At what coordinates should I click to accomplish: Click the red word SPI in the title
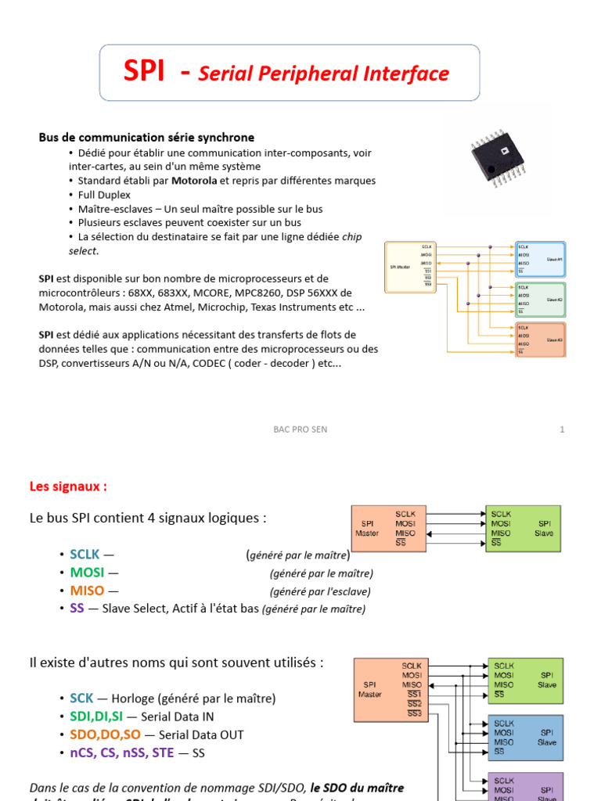click(x=145, y=72)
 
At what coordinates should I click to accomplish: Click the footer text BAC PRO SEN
click(x=300, y=429)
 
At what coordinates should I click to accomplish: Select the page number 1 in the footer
click(x=562, y=429)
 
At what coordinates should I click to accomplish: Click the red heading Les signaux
click(x=68, y=487)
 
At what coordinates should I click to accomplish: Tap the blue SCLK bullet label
click(x=85, y=555)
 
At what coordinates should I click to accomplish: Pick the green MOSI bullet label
click(x=86, y=573)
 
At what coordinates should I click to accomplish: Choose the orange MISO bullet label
click(x=86, y=591)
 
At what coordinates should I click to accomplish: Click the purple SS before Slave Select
click(x=77, y=609)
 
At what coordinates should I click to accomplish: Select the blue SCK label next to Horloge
click(x=81, y=699)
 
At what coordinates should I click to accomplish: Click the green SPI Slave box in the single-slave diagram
click(x=523, y=529)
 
